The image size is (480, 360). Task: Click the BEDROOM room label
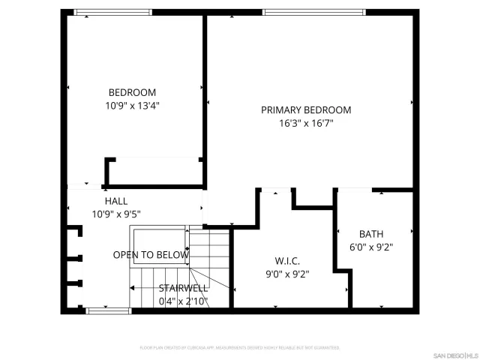(132, 92)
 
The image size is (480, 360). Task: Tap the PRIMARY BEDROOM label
(306, 110)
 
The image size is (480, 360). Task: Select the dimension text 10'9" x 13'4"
(132, 106)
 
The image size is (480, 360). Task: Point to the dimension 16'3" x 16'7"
(306, 124)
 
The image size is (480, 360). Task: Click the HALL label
(116, 201)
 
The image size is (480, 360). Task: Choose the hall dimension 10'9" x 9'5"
(116, 214)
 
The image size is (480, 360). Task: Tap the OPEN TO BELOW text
(151, 255)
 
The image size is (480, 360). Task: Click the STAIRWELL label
(183, 288)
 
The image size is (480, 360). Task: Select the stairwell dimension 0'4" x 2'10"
(183, 301)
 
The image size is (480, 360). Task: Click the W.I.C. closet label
(287, 261)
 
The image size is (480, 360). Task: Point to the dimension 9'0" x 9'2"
(288, 274)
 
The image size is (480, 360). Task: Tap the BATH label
(371, 233)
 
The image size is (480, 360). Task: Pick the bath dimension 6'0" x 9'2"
(371, 247)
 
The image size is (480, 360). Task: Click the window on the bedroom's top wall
(113, 12)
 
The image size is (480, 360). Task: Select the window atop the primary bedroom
(314, 12)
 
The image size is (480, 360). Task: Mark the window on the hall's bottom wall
(103, 310)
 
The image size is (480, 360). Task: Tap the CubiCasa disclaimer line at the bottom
(240, 348)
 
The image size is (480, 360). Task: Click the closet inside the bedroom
(154, 172)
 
